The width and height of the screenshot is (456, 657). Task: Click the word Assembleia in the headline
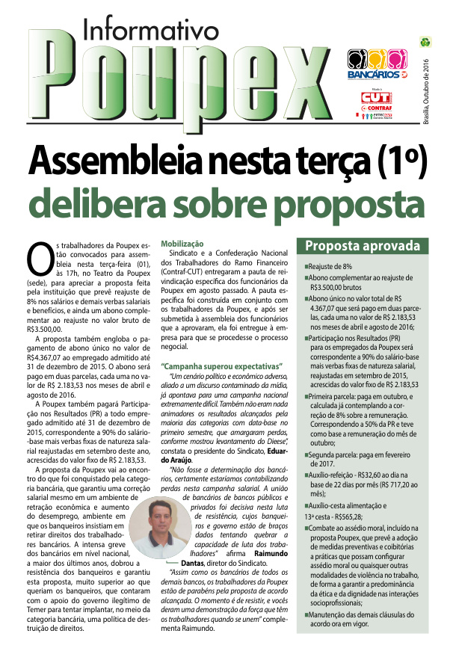click(x=116, y=159)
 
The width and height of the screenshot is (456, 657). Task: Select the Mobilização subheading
click(x=182, y=244)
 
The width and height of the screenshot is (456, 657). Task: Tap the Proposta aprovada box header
click(x=362, y=246)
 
